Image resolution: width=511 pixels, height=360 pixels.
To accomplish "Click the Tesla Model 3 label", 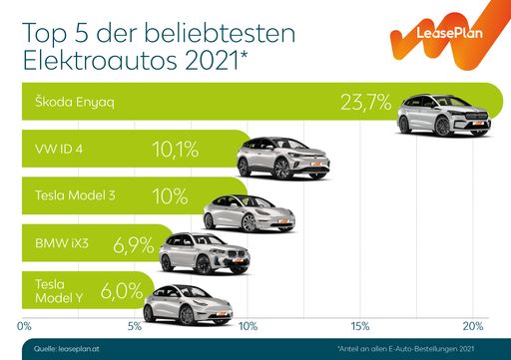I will pyautogui.click(x=74, y=195).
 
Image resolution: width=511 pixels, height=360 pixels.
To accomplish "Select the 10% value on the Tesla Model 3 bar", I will pyautogui.click(x=170, y=195).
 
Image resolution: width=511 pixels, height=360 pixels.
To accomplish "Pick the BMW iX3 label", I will pyautogui.click(x=60, y=241).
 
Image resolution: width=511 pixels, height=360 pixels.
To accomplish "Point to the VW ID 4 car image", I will pyautogui.click(x=282, y=159).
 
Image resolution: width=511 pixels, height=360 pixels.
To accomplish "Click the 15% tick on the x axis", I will pyautogui.click(x=360, y=326).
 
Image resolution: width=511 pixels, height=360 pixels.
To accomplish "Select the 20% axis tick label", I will pyautogui.click(x=472, y=326).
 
